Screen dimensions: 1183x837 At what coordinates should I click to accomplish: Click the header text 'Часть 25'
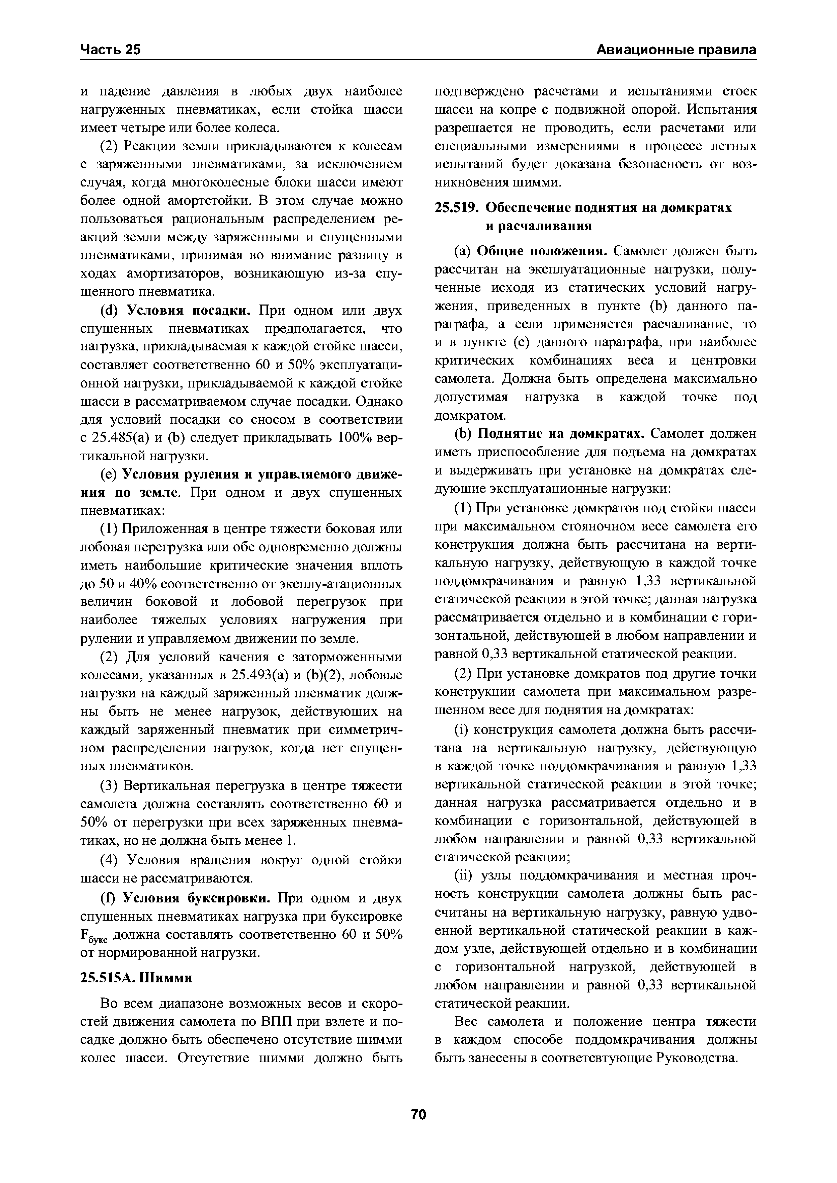click(x=110, y=50)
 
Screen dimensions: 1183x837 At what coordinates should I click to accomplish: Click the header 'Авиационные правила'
click(x=676, y=50)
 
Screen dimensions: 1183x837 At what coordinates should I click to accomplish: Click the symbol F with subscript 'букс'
click(x=92, y=936)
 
